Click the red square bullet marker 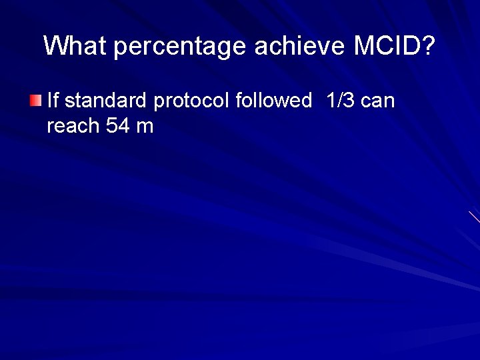35,101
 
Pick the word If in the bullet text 53,101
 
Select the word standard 106,101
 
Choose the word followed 273,101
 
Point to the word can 378,101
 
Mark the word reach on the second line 73,125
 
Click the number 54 117,125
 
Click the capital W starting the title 55,46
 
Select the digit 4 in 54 123,125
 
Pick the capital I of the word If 50,101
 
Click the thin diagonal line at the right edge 474,217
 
